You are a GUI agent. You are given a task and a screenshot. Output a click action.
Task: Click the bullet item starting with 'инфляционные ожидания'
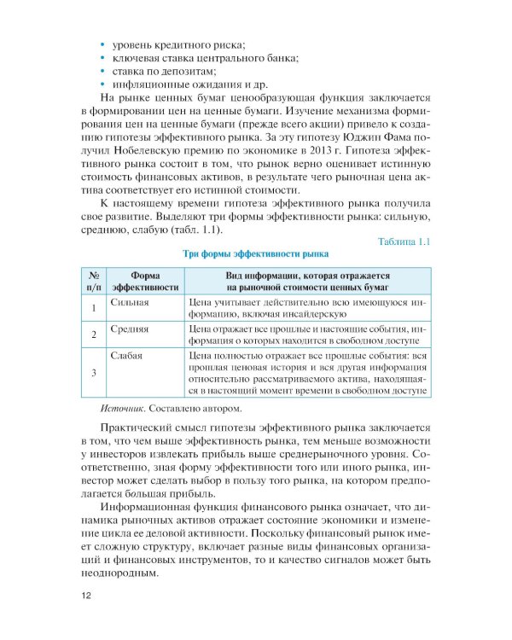tap(183, 85)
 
